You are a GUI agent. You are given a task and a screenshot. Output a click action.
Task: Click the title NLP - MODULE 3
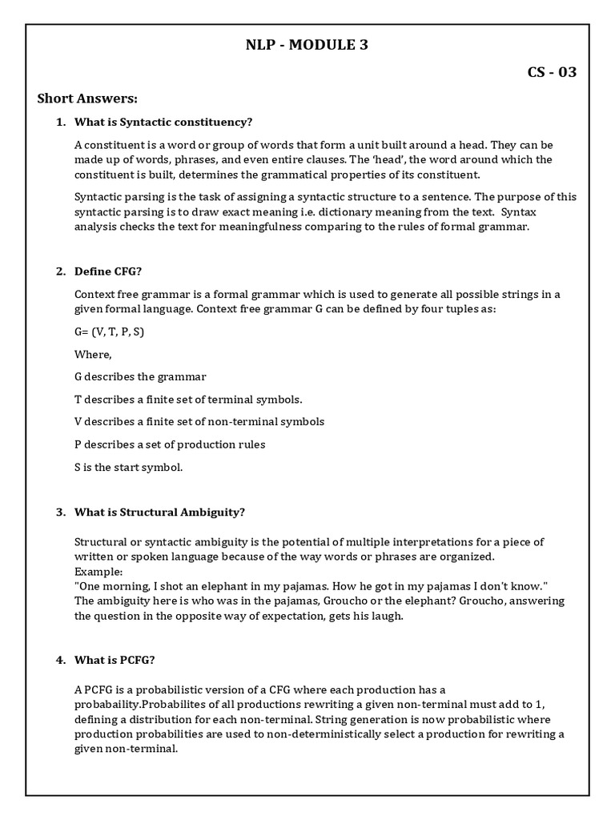[307, 45]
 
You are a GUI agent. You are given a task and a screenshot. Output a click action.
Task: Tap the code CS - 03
[551, 72]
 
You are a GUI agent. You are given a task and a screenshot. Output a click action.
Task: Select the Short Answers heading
[88, 98]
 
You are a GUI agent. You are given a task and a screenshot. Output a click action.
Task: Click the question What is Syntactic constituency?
[163, 122]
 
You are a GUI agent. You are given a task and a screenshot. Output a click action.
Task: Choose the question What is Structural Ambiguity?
[159, 512]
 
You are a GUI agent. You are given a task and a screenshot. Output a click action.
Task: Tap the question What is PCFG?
[115, 660]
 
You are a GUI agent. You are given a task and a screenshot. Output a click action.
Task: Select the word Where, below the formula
[93, 354]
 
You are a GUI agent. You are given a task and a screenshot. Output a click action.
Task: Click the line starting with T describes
[188, 399]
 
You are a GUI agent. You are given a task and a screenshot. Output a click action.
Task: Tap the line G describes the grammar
[140, 376]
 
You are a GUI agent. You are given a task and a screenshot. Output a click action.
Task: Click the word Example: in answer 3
[98, 572]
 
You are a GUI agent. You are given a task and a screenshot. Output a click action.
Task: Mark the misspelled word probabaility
[112, 704]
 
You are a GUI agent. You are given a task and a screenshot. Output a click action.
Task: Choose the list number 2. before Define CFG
[60, 271]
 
